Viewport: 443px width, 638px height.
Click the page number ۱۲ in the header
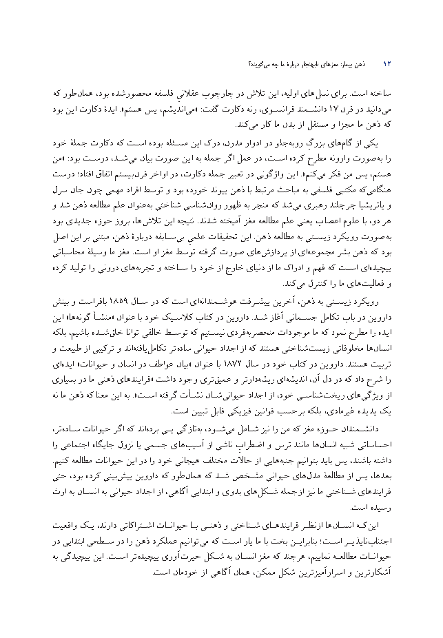(387, 65)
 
